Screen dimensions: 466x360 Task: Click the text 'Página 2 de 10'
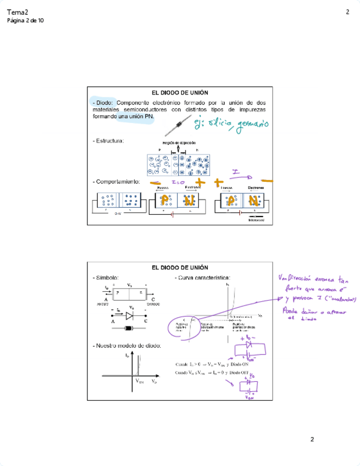click(x=25, y=21)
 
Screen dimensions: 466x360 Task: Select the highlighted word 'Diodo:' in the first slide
click(x=104, y=102)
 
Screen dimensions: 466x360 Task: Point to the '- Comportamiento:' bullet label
click(x=117, y=181)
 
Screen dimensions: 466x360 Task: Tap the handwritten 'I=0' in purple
click(x=177, y=182)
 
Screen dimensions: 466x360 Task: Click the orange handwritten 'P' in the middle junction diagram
click(x=164, y=201)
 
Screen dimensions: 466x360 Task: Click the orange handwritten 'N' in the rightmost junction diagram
click(x=253, y=201)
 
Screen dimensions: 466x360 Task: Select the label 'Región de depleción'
click(x=179, y=143)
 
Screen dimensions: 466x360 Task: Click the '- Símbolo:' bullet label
click(x=107, y=278)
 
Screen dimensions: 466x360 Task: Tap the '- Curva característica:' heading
click(x=202, y=278)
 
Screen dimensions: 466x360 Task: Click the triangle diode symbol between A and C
click(x=130, y=315)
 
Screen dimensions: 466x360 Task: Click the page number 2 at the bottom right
click(x=312, y=440)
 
